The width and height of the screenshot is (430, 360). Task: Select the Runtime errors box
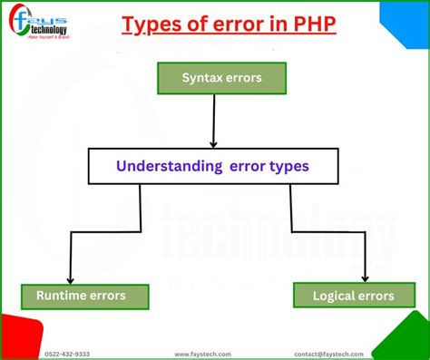tap(85, 296)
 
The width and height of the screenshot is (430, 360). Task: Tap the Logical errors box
tap(353, 296)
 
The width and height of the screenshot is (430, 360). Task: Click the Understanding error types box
tap(213, 166)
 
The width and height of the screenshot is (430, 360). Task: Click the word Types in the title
tap(148, 24)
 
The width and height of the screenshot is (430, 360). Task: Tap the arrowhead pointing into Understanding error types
tap(213, 142)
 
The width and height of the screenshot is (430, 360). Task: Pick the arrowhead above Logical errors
tap(365, 277)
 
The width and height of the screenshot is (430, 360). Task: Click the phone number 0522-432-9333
tap(67, 354)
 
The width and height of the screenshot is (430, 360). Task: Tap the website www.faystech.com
tap(202, 354)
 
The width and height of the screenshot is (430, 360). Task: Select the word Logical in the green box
tap(333, 296)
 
